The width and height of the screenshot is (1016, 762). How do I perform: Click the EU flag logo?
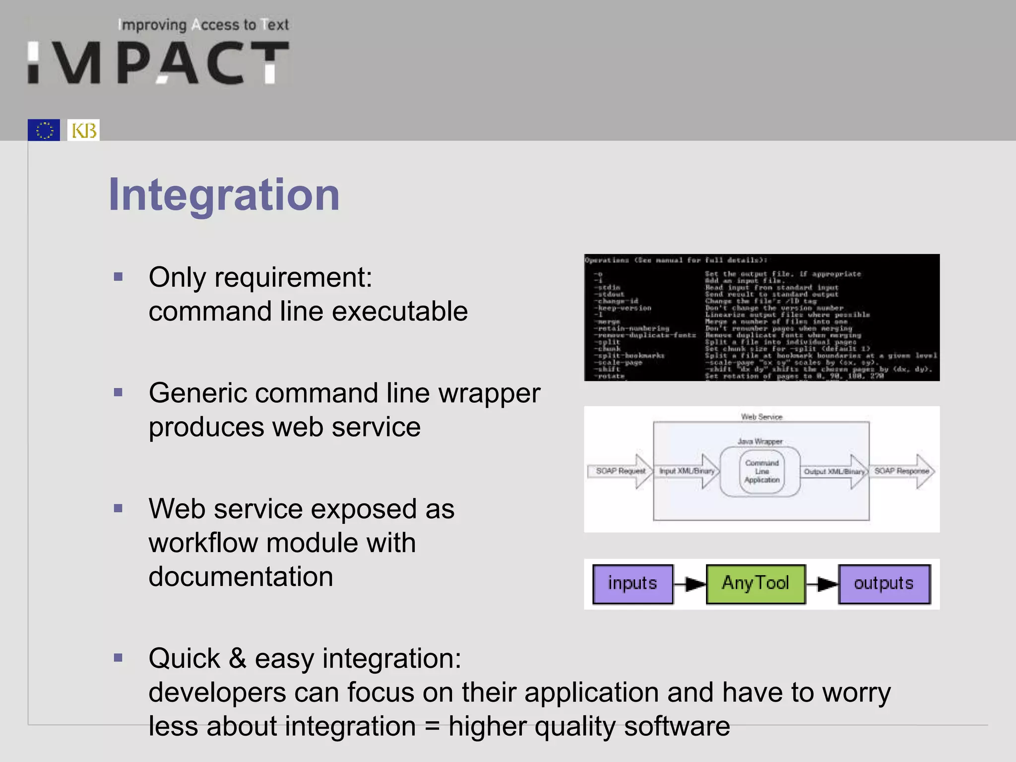44,130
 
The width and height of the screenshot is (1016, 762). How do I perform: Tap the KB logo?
83,130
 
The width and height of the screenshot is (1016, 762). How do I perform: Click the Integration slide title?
224,194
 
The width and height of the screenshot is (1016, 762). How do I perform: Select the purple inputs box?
633,583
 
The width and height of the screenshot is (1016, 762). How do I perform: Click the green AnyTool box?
755,583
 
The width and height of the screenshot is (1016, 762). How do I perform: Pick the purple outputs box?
884,583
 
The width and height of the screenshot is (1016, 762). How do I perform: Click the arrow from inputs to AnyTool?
690,584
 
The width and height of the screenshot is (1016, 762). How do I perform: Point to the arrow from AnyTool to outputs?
822,584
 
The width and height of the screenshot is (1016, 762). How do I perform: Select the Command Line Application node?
762,471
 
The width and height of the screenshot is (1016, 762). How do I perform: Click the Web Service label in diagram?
761,417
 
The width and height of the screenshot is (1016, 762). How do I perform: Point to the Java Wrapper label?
760,441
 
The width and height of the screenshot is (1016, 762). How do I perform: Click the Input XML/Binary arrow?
688,471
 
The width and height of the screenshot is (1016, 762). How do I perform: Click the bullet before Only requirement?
118,277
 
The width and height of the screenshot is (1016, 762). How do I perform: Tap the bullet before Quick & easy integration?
118,658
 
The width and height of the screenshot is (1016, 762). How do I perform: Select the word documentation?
241,576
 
